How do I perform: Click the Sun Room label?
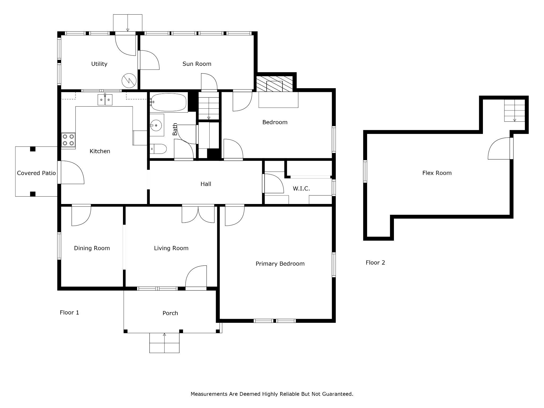[197, 64]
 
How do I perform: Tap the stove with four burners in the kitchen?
[68, 140]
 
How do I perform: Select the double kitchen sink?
[105, 100]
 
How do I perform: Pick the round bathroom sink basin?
[156, 125]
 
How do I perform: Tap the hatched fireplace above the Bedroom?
[274, 84]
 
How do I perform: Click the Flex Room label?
[437, 173]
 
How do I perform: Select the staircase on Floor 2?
[515, 110]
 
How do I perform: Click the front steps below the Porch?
[164, 343]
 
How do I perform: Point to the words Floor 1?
[69, 312]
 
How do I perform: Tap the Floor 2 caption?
[375, 262]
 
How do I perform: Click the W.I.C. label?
[301, 189]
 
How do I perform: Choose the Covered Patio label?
[36, 173]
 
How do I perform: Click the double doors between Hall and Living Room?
[198, 214]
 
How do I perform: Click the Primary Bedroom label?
[280, 264]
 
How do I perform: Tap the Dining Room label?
[92, 248]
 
